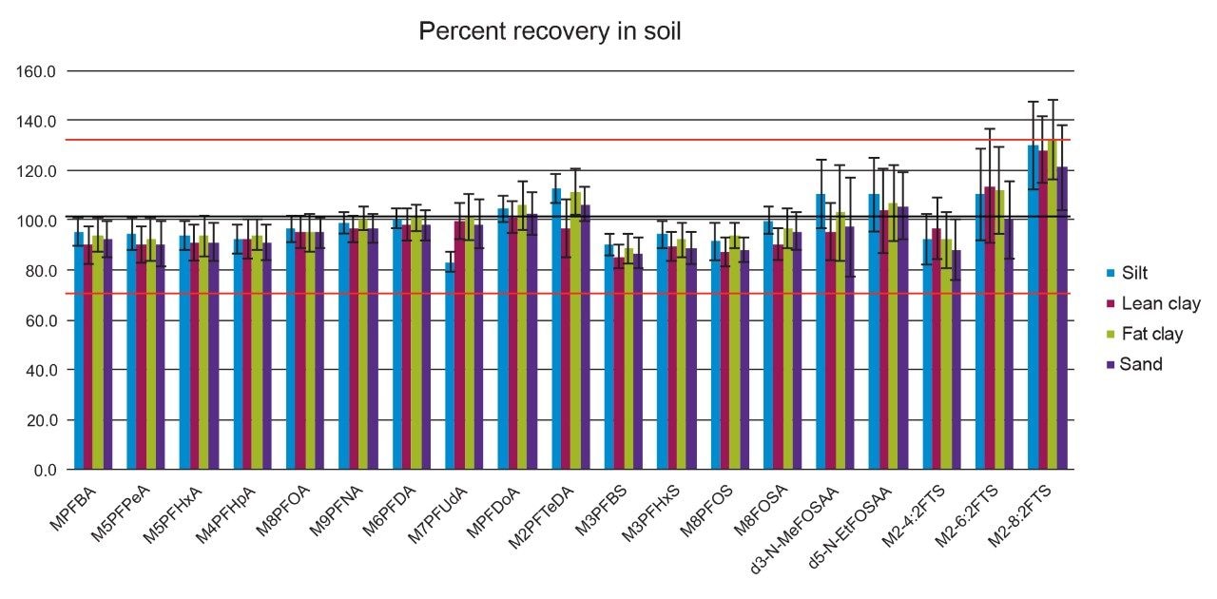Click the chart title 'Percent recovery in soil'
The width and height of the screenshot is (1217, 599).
point(550,31)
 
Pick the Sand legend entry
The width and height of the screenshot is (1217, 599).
point(1134,364)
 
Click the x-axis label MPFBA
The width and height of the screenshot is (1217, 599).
point(74,508)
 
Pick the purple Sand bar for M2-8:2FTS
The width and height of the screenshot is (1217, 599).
point(1062,319)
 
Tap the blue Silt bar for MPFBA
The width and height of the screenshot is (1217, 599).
point(79,351)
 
